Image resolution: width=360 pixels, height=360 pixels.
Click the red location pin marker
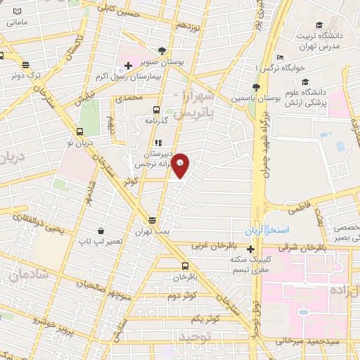(181, 165)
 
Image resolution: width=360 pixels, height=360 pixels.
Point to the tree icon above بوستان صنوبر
(162, 51)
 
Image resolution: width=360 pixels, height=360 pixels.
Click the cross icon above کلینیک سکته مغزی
(251, 248)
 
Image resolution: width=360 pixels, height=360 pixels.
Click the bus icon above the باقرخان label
(185, 266)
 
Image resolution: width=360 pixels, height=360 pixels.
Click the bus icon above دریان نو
(79, 131)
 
